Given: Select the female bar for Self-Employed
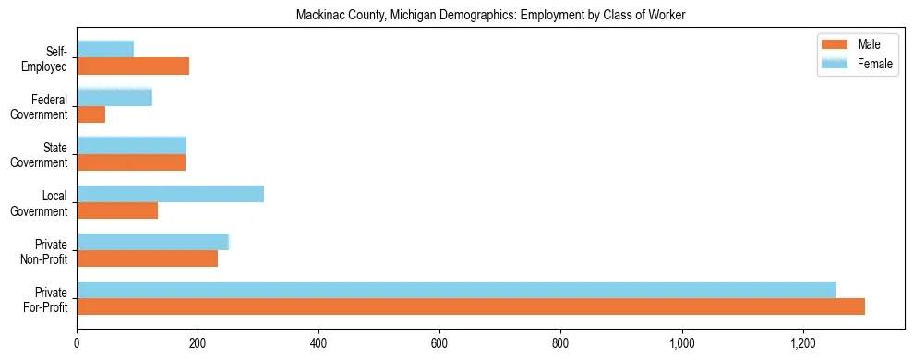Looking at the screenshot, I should tap(105, 49).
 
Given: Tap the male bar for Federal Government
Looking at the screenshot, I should tap(90, 114).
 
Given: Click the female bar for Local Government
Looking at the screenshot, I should tap(170, 193).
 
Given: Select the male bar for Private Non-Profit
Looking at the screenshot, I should tap(147, 258).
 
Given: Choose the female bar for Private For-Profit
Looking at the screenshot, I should tap(456, 289).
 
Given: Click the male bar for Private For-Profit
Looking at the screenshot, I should tap(471, 306).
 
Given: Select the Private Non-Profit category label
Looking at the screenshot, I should tap(45, 251).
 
